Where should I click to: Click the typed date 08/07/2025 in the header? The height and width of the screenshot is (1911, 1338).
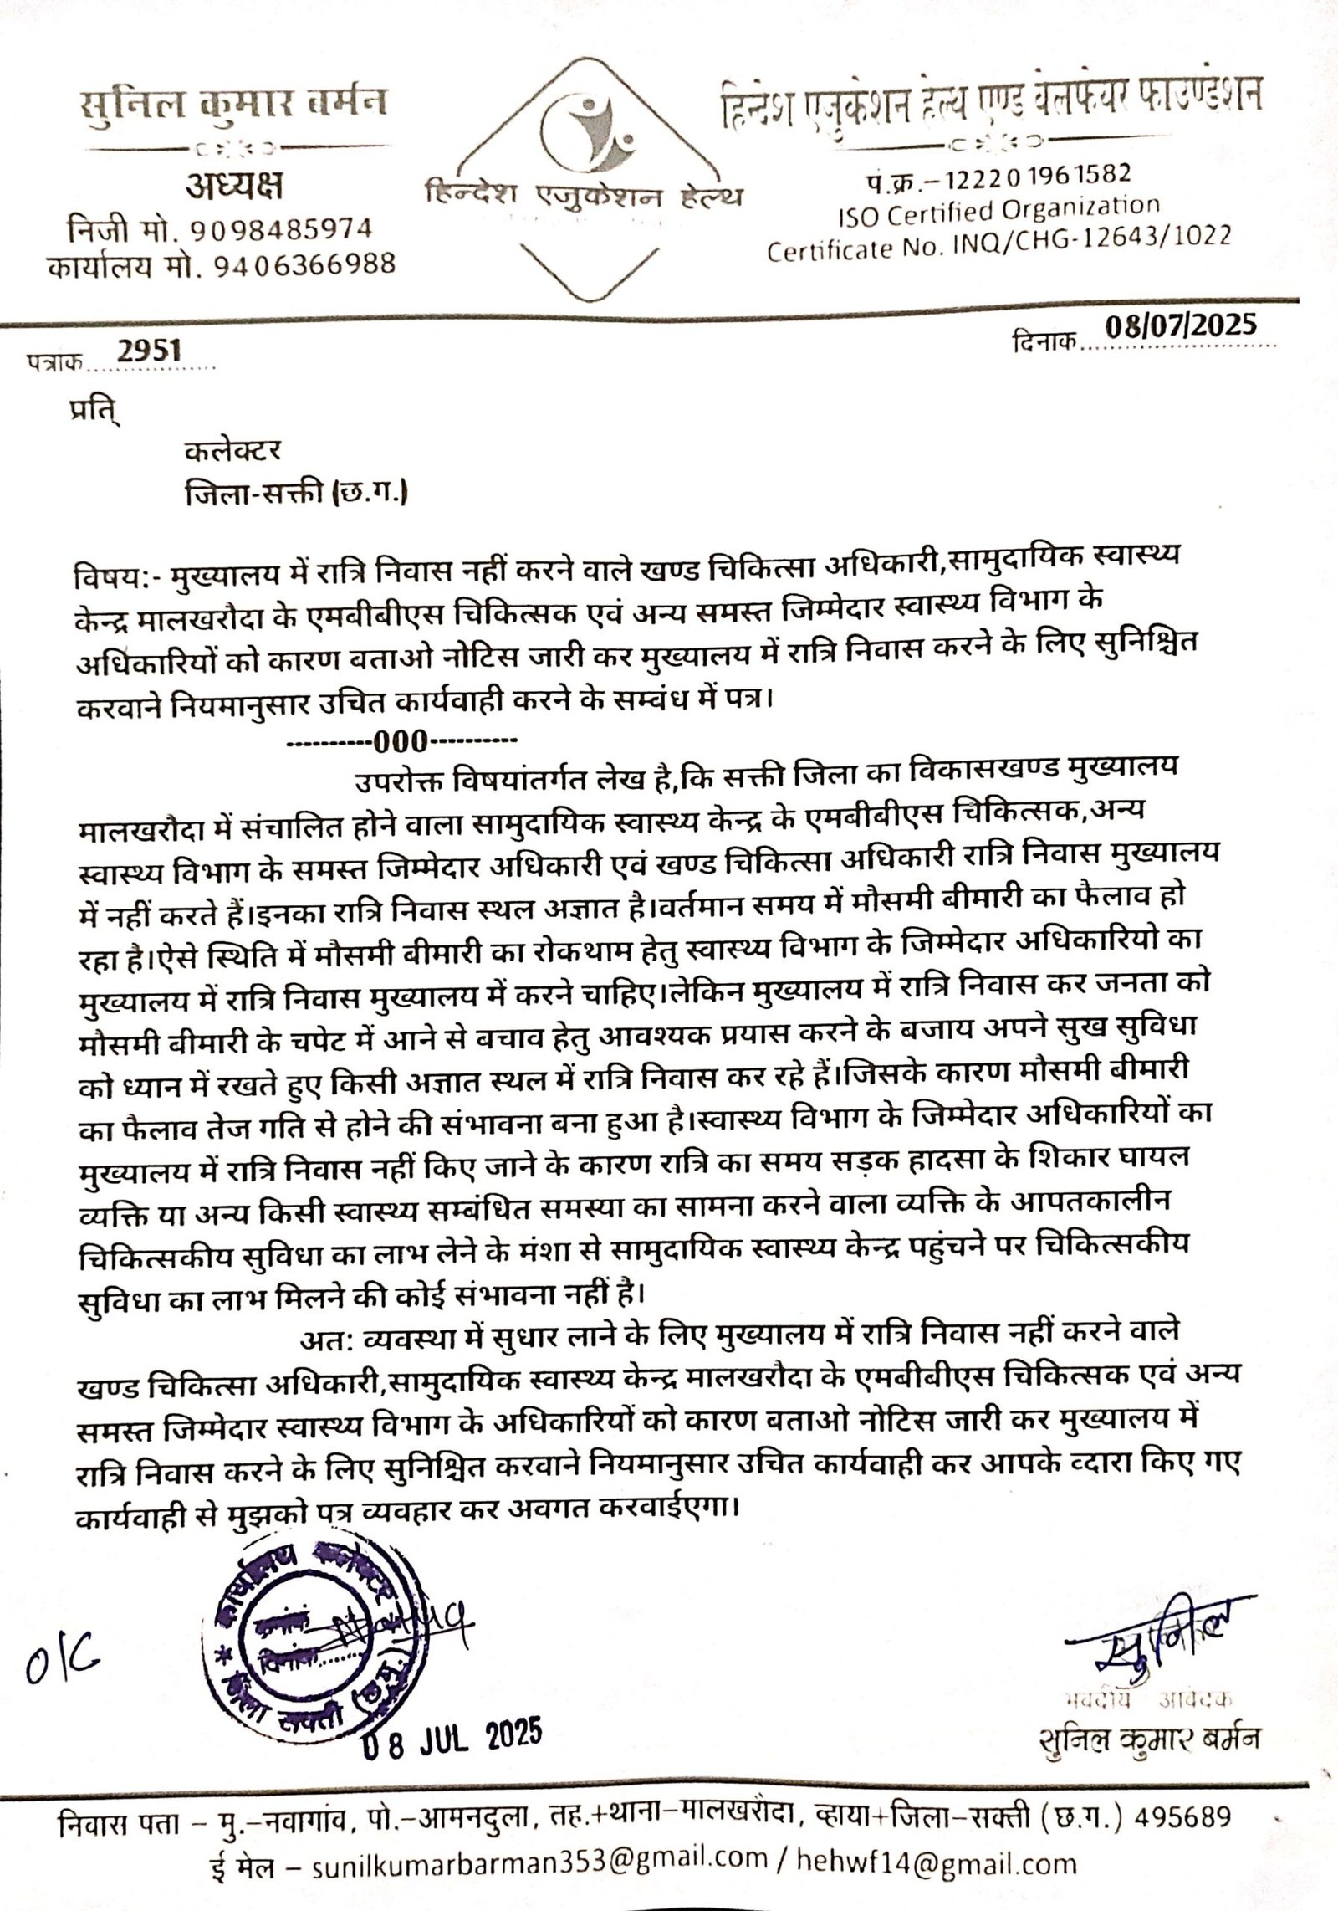[1180, 325]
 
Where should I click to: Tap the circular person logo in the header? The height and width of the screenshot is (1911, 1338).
[583, 129]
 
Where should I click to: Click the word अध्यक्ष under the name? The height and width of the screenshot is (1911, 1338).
[233, 185]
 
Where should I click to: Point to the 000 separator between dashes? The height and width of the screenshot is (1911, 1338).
[401, 741]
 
